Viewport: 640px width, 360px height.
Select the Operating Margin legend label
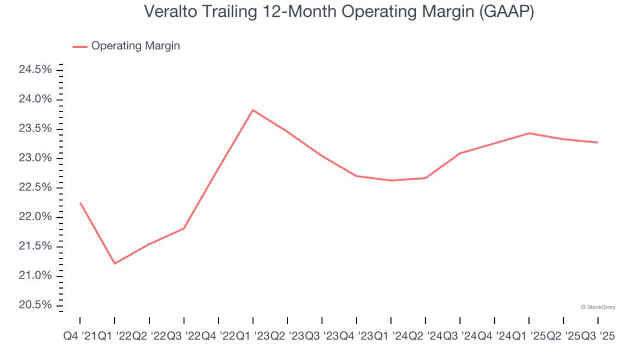coord(135,46)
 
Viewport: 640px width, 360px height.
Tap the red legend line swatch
coord(80,46)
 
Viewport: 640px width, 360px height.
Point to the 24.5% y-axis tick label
coord(35,70)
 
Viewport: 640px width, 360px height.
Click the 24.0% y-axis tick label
coord(35,99)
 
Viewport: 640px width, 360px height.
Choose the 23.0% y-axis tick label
coord(35,158)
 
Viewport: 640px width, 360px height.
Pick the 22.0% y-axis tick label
coord(35,217)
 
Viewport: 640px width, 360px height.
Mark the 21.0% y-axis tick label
coord(35,276)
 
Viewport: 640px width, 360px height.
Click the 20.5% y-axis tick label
coord(35,305)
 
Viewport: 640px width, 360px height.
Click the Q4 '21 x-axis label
coord(80,337)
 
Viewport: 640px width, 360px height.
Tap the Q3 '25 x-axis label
coord(597,337)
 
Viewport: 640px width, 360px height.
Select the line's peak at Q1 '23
coord(253,110)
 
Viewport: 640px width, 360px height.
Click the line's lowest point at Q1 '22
coord(115,263)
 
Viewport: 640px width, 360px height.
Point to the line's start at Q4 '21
coord(80,203)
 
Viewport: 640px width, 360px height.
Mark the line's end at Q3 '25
coord(598,142)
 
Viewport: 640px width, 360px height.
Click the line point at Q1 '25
coord(529,133)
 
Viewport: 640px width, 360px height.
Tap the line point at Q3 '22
coord(184,228)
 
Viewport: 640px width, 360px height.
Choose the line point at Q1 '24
coord(391,180)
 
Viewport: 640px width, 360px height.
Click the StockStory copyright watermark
coord(598,307)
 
